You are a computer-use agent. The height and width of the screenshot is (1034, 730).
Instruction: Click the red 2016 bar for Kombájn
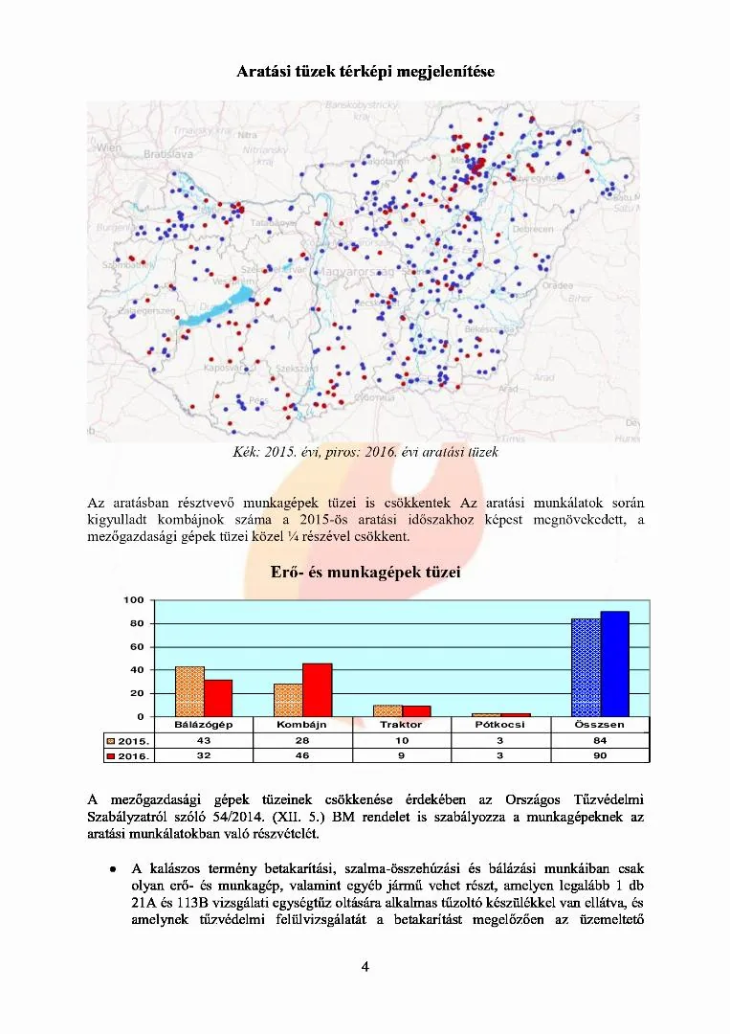[x=317, y=689]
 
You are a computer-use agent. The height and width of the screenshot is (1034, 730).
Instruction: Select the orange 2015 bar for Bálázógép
[x=189, y=691]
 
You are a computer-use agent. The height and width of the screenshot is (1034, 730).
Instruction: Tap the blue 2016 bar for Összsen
[x=614, y=663]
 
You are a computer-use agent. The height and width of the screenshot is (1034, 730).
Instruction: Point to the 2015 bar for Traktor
[x=387, y=710]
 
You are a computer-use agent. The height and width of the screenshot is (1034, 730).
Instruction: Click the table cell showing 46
[x=302, y=755]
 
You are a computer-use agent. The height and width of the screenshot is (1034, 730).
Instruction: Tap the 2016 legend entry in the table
[x=128, y=755]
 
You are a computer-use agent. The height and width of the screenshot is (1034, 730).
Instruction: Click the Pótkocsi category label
[x=500, y=725]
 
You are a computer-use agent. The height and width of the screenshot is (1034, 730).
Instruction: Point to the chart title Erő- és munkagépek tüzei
[x=365, y=573]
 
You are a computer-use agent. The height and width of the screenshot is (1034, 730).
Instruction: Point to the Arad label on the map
[x=543, y=377]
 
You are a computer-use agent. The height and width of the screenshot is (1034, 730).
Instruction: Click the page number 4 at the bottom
[x=365, y=966]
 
